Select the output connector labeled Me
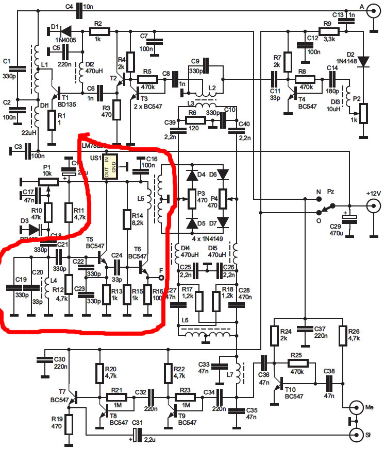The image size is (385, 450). (x=357, y=408)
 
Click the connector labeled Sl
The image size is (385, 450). (x=357, y=436)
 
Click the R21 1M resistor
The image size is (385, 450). (x=117, y=397)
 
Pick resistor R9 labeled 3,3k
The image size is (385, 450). (x=328, y=31)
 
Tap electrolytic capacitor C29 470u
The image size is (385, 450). (x=350, y=219)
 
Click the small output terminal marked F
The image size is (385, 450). (x=161, y=278)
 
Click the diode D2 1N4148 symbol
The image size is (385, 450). (x=364, y=60)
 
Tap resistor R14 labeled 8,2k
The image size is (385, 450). (x=127, y=220)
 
